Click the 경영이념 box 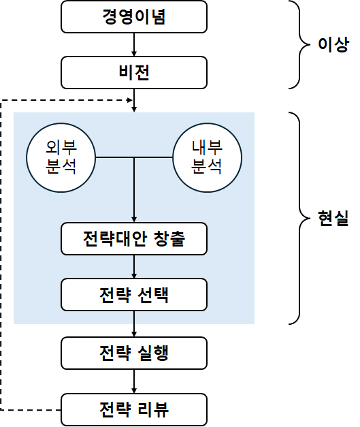click(x=133, y=16)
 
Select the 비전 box click(x=133, y=72)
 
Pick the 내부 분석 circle click(x=208, y=158)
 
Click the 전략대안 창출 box click(x=133, y=239)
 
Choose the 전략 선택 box click(x=133, y=294)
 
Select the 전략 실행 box click(x=133, y=353)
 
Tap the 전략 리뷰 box click(x=133, y=410)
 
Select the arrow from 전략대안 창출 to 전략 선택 click(x=134, y=266)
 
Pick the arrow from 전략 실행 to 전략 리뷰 click(x=134, y=381)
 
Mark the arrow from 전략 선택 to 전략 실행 click(x=134, y=323)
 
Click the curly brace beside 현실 click(x=301, y=219)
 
